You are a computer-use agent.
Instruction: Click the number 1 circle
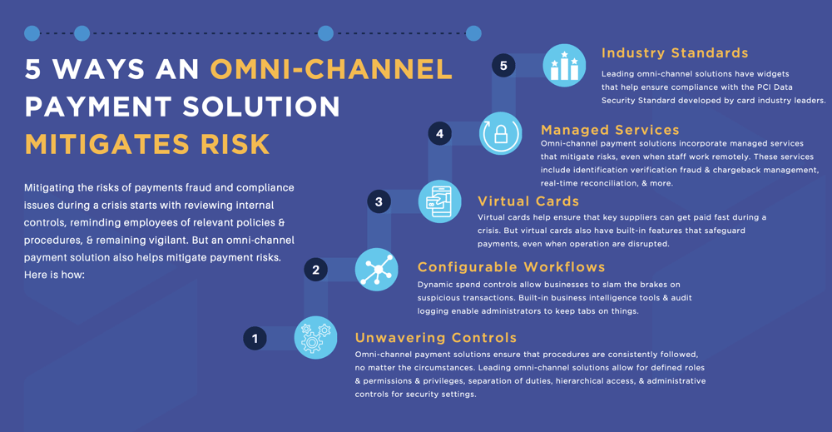pyautogui.click(x=255, y=339)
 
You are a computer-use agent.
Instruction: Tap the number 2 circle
pyautogui.click(x=315, y=270)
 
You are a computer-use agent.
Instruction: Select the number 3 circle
pyautogui.click(x=379, y=201)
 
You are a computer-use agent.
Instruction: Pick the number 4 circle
pyautogui.click(x=439, y=133)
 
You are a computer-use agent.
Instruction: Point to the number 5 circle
pyautogui.click(x=503, y=65)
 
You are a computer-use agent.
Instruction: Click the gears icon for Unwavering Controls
pyautogui.click(x=315, y=339)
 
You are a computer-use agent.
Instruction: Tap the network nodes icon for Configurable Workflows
pyautogui.click(x=376, y=270)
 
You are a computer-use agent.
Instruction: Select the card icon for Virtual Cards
pyautogui.click(x=439, y=201)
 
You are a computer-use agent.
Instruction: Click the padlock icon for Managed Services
pyautogui.click(x=501, y=133)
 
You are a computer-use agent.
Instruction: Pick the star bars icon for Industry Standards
pyautogui.click(x=564, y=65)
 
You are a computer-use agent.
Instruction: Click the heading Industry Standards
pyautogui.click(x=675, y=53)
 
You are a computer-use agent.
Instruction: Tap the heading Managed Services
pyautogui.click(x=610, y=130)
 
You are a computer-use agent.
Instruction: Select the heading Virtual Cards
pyautogui.click(x=528, y=201)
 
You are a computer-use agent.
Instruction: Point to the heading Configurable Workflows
pyautogui.click(x=511, y=267)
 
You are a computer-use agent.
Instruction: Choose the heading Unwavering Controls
pyautogui.click(x=436, y=338)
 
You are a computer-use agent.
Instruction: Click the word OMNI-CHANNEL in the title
pyautogui.click(x=331, y=69)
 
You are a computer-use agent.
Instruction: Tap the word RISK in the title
pyautogui.click(x=234, y=144)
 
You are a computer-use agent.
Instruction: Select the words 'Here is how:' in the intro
pyautogui.click(x=55, y=275)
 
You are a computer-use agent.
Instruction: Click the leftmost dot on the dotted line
pyautogui.click(x=32, y=33)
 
